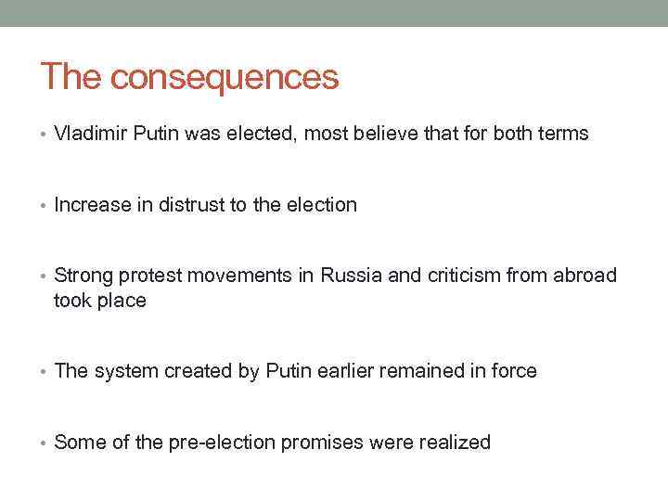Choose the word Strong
pyautogui.click(x=83, y=276)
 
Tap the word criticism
pyautogui.click(x=464, y=276)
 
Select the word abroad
pyautogui.click(x=586, y=276)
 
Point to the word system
pyautogui.click(x=124, y=371)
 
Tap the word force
pyautogui.click(x=512, y=371)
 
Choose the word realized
pyautogui.click(x=454, y=443)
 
